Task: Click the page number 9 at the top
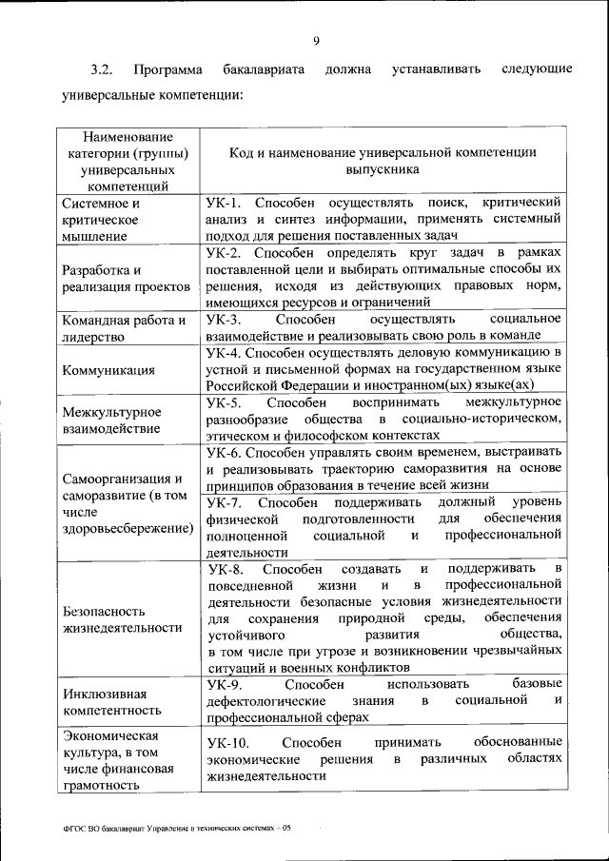[x=316, y=39]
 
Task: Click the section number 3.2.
[x=102, y=70]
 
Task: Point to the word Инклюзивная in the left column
[x=104, y=693]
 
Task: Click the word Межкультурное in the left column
[x=111, y=412]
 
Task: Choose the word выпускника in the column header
[x=382, y=169]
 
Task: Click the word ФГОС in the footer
[x=75, y=829]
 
